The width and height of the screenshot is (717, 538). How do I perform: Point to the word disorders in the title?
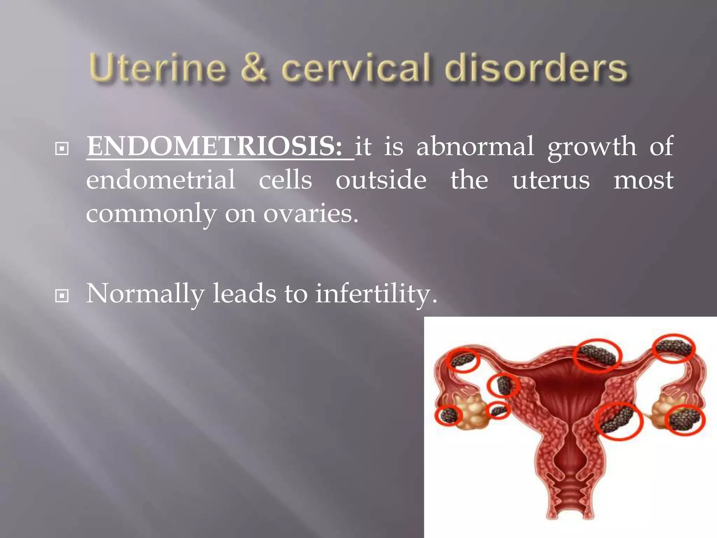click(x=536, y=68)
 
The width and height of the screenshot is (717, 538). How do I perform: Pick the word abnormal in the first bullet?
click(x=475, y=146)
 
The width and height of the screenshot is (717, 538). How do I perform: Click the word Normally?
click(x=145, y=294)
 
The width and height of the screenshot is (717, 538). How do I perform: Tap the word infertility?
click(x=376, y=294)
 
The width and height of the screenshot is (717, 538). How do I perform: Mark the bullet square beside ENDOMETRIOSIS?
click(x=62, y=149)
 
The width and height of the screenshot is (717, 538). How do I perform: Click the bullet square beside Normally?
click(x=62, y=296)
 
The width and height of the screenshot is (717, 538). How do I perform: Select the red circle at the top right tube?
click(x=674, y=348)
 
